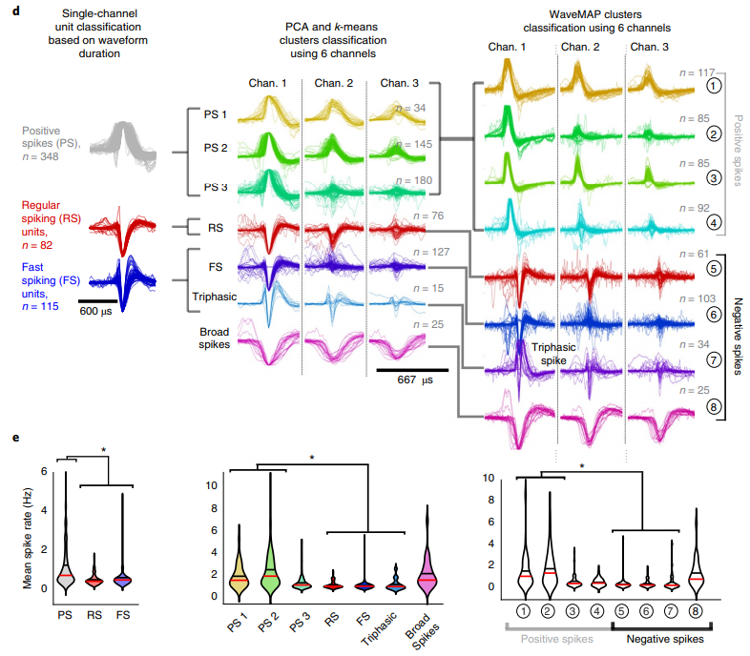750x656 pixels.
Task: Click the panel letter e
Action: pyautogui.click(x=9, y=439)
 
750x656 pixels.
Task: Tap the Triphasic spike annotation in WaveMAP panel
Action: pyautogui.click(x=556, y=355)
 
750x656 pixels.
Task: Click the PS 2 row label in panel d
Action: pyautogui.click(x=215, y=149)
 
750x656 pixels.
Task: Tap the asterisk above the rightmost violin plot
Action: pyautogui.click(x=582, y=466)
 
